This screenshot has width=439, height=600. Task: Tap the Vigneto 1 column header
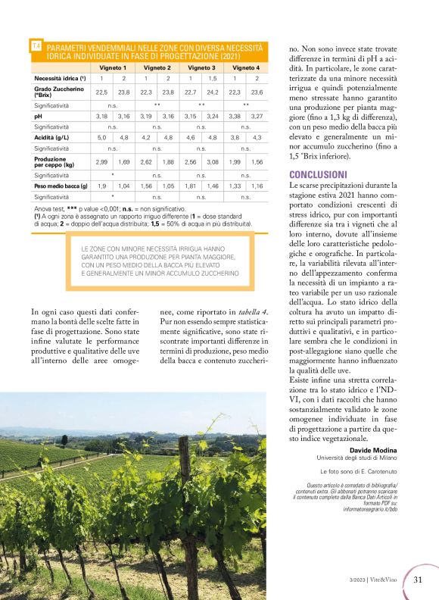(x=114, y=67)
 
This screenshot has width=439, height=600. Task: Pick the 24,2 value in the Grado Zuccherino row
(x=213, y=92)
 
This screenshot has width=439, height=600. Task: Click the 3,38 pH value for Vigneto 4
(x=235, y=116)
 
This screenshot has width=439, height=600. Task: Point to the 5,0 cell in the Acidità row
(x=101, y=138)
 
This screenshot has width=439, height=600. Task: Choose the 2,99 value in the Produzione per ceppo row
(x=101, y=162)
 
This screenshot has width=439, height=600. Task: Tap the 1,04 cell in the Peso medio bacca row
(x=124, y=186)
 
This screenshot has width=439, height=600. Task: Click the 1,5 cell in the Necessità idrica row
(x=213, y=78)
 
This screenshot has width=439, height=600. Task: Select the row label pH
(x=38, y=116)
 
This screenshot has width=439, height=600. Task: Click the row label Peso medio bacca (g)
(x=61, y=186)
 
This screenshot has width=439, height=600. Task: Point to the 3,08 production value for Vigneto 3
(x=213, y=162)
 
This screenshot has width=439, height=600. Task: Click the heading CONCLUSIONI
(x=318, y=174)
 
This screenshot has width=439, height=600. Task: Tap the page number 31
(x=419, y=580)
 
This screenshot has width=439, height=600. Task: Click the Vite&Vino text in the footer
(x=388, y=580)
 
